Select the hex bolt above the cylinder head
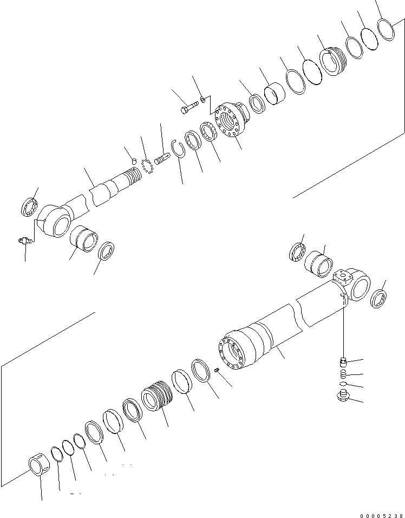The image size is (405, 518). coord(186,111)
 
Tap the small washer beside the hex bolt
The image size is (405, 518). coord(202,99)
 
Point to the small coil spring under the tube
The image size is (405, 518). coord(342,374)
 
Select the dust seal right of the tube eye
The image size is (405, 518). coord(378,299)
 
